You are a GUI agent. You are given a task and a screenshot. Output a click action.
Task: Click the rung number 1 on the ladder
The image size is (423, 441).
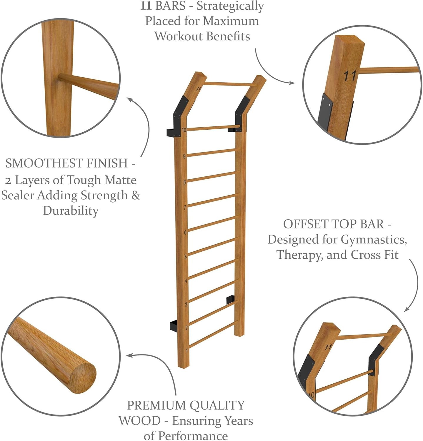click(187, 350)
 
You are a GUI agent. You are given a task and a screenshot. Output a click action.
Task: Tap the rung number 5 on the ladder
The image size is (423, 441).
click(185, 257)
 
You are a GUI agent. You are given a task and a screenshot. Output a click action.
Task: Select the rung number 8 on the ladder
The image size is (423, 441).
click(185, 182)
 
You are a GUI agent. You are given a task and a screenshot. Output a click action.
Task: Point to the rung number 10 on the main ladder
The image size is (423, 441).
click(184, 130)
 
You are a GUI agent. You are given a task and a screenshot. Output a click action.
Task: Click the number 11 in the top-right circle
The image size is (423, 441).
click(350, 76)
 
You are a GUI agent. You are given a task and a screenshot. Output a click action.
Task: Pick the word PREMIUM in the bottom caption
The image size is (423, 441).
click(153, 405)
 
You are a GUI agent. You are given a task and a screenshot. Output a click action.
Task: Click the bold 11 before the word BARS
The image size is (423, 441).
click(146, 6)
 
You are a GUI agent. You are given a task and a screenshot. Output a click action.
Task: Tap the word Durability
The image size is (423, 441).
click(71, 211)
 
